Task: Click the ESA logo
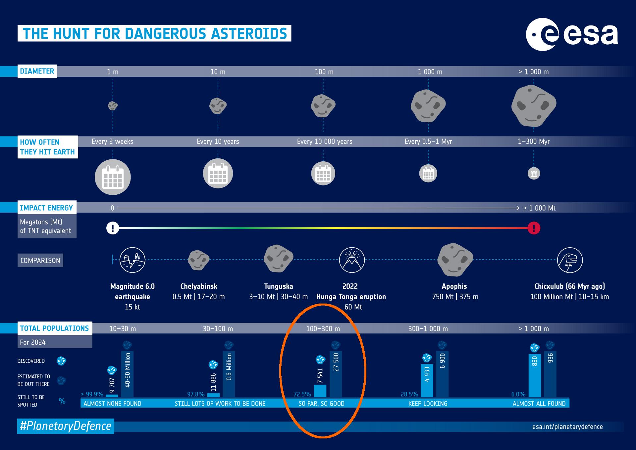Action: point(572,34)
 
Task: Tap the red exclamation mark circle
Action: point(534,228)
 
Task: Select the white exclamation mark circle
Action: point(113,228)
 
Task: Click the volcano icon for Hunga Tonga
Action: point(352,260)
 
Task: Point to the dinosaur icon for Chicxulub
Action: point(570,260)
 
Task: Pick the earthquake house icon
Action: point(132,260)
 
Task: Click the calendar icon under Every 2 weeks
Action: point(113,177)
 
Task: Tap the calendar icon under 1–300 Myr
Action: point(534,173)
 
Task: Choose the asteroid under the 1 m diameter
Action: point(113,106)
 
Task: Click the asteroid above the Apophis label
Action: point(455,260)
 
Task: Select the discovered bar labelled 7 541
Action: point(320,390)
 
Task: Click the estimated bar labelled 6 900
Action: point(442,374)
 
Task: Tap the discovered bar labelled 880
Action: point(535,375)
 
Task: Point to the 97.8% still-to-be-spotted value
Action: point(196,394)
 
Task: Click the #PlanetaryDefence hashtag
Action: point(66,426)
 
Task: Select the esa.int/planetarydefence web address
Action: point(567,427)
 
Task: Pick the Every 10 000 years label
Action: point(325,142)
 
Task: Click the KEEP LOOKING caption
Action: point(428,403)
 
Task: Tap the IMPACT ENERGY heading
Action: point(46,208)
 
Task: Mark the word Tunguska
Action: point(279,286)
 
